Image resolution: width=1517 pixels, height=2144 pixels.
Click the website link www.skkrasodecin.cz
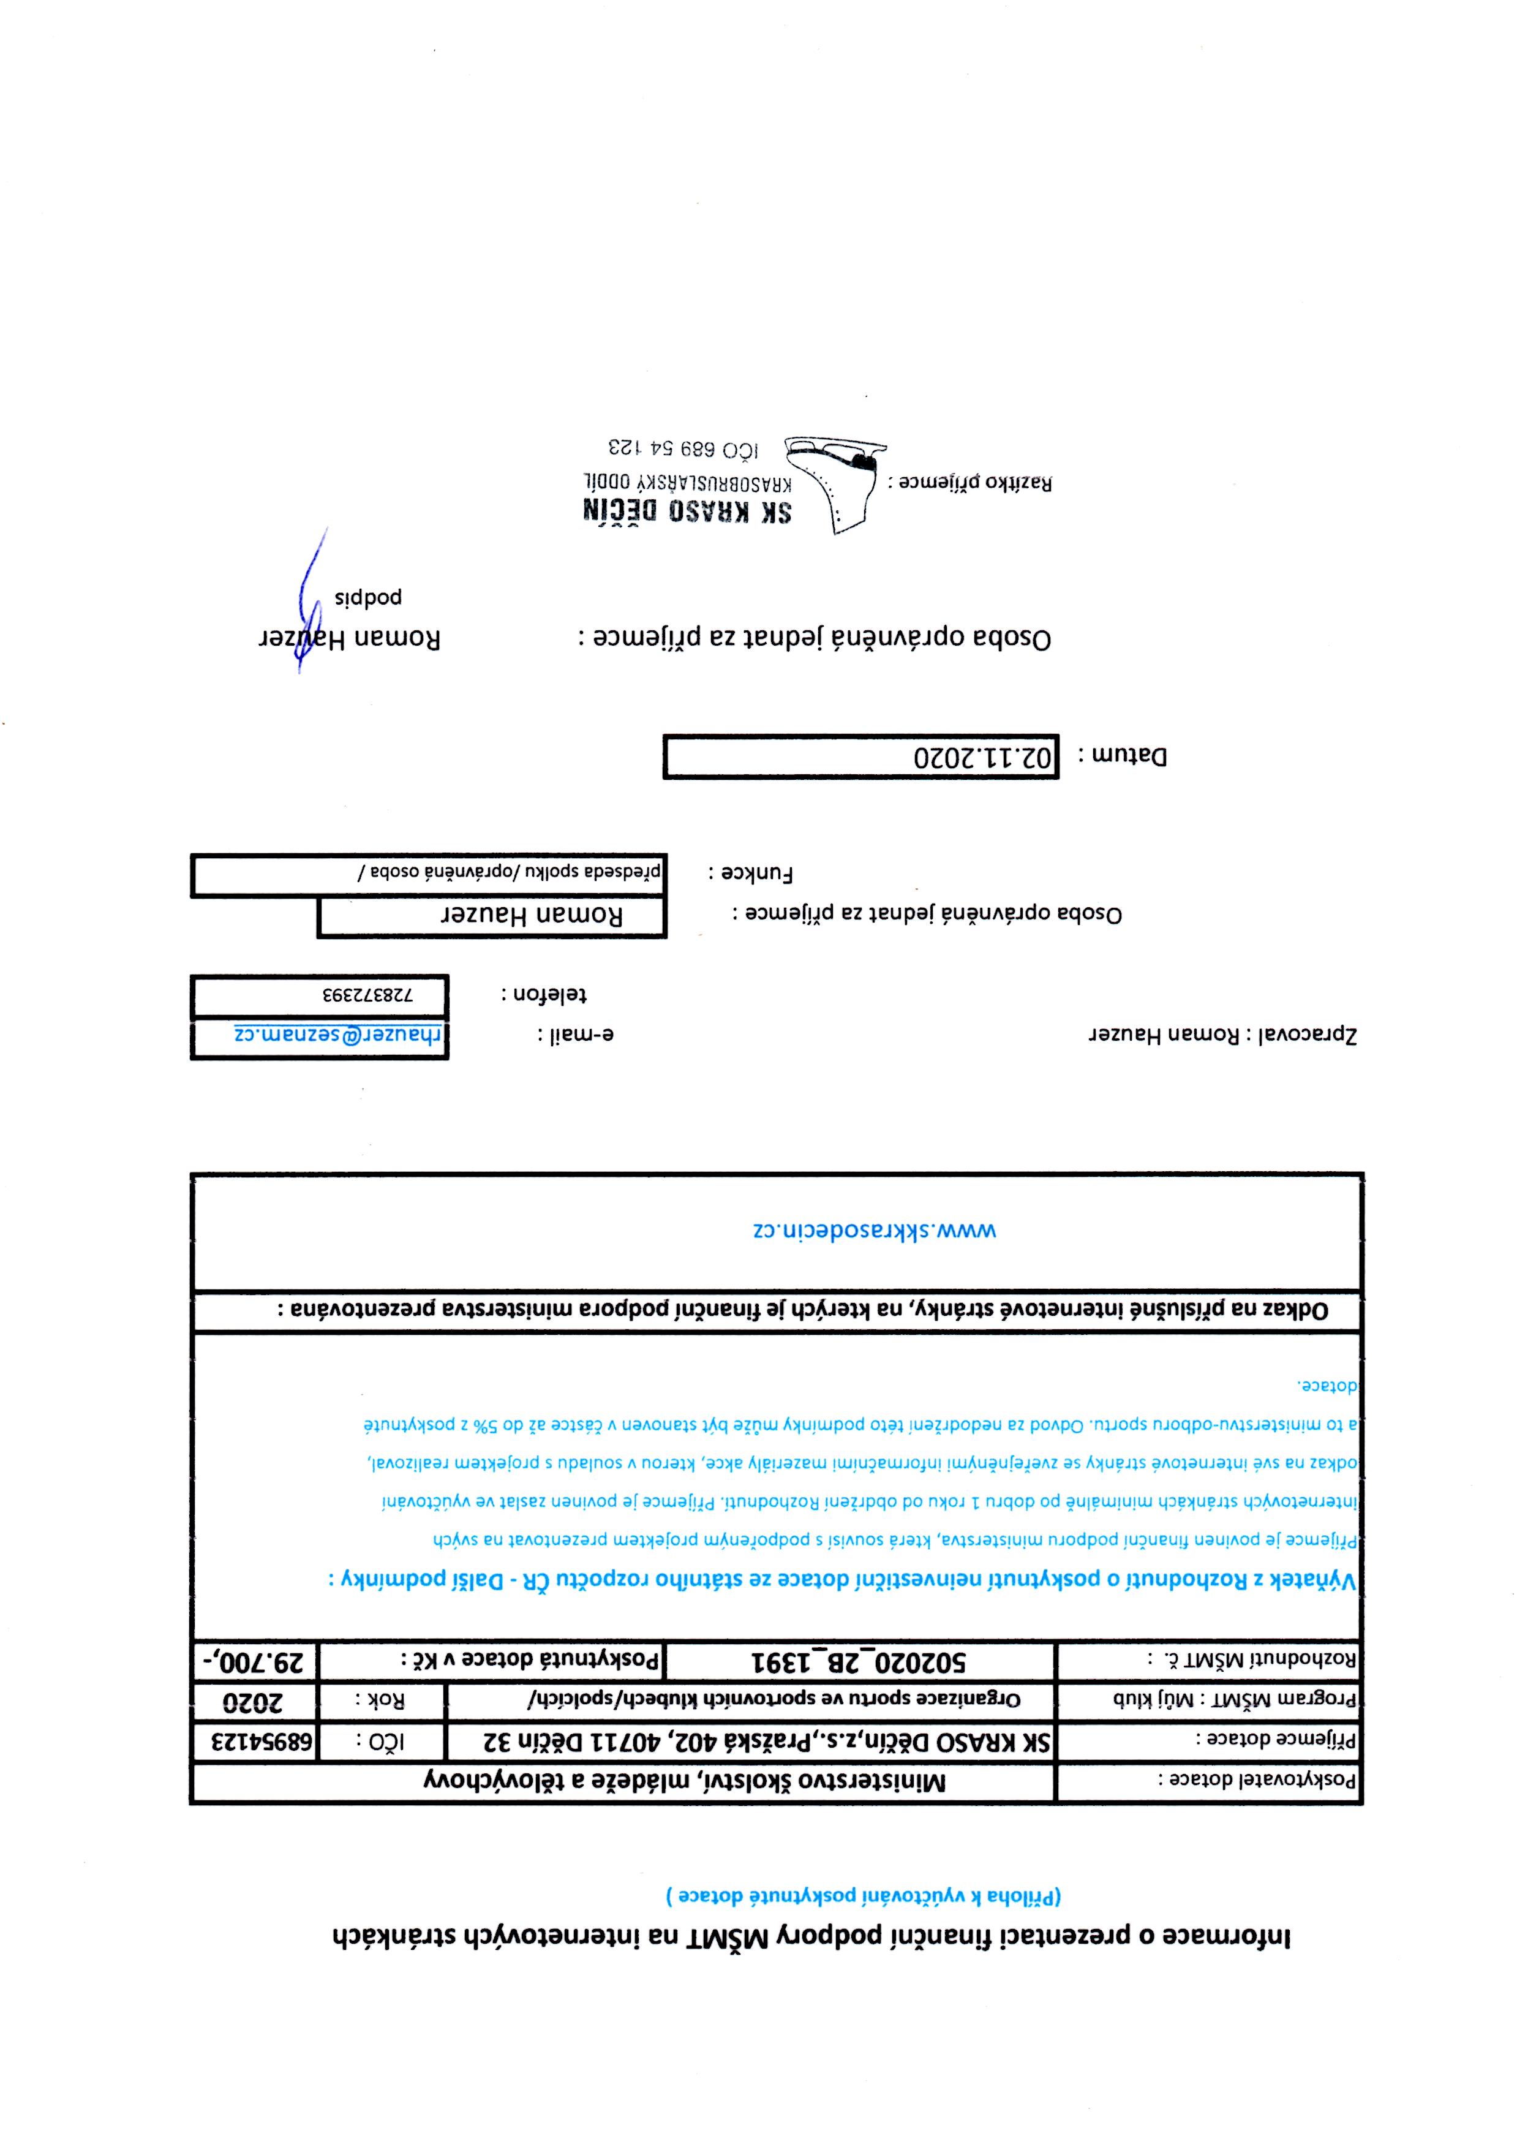coord(875,1230)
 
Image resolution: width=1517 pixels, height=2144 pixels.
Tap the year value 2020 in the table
coord(255,1700)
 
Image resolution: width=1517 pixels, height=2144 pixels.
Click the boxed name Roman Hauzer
coord(530,916)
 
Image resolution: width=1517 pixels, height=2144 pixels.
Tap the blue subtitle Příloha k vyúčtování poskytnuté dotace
coord(864,1915)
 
